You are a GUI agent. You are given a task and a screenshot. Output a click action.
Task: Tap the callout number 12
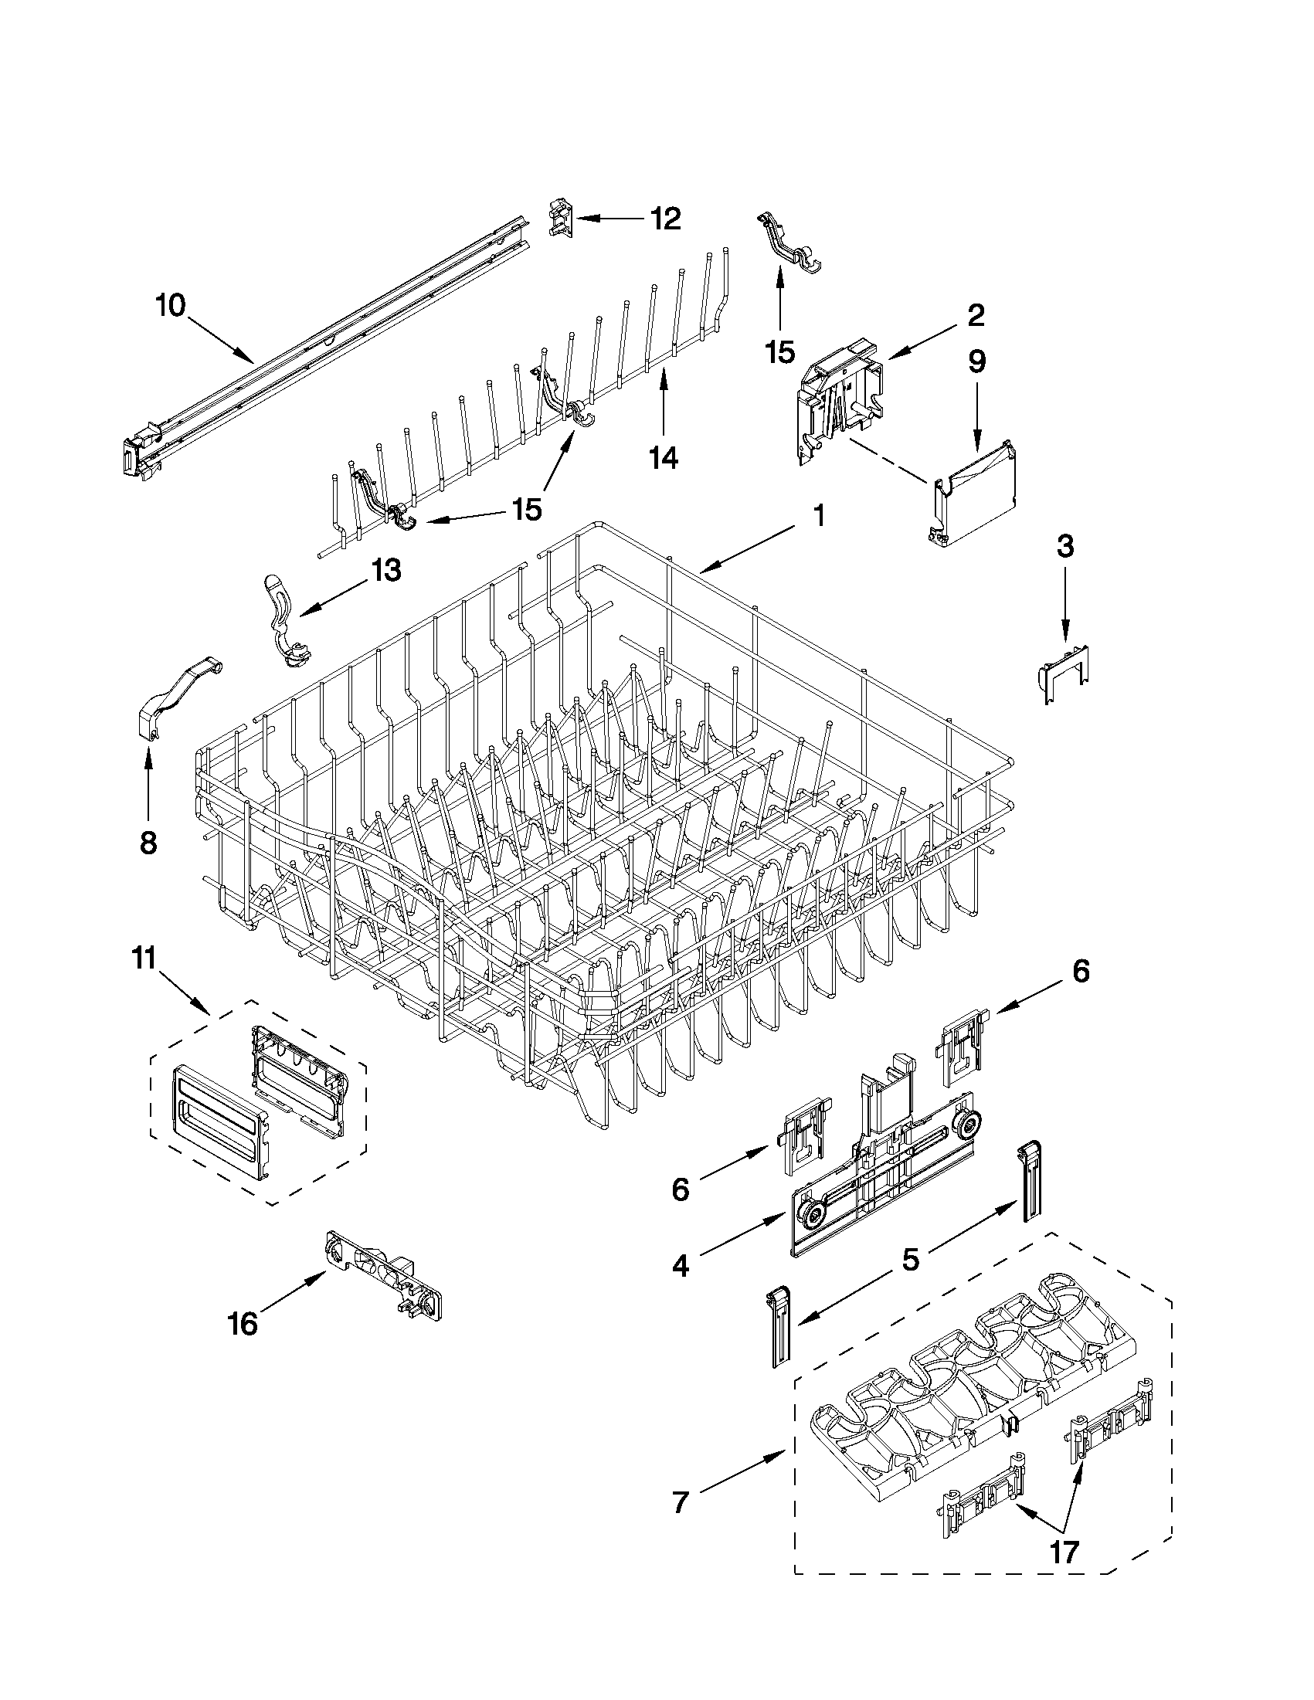(x=666, y=219)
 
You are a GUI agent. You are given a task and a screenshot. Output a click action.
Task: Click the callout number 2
(x=976, y=314)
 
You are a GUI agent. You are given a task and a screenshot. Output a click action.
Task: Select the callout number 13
(x=385, y=571)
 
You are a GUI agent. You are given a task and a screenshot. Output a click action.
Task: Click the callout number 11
(x=144, y=959)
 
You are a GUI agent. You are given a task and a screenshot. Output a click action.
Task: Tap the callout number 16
(x=243, y=1324)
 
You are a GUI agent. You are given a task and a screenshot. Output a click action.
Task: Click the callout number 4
(x=681, y=1267)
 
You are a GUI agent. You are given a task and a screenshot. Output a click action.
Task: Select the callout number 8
(x=148, y=841)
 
